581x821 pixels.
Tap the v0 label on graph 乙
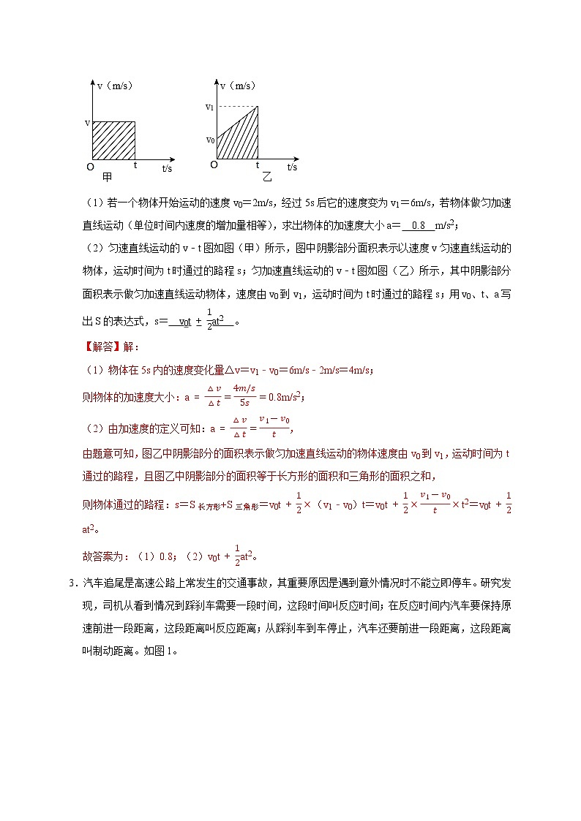(x=210, y=139)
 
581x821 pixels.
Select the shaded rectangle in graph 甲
(x=113, y=140)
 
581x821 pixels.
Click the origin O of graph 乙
(x=214, y=165)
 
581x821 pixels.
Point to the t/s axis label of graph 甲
(x=167, y=168)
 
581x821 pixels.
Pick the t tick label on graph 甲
(x=135, y=165)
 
